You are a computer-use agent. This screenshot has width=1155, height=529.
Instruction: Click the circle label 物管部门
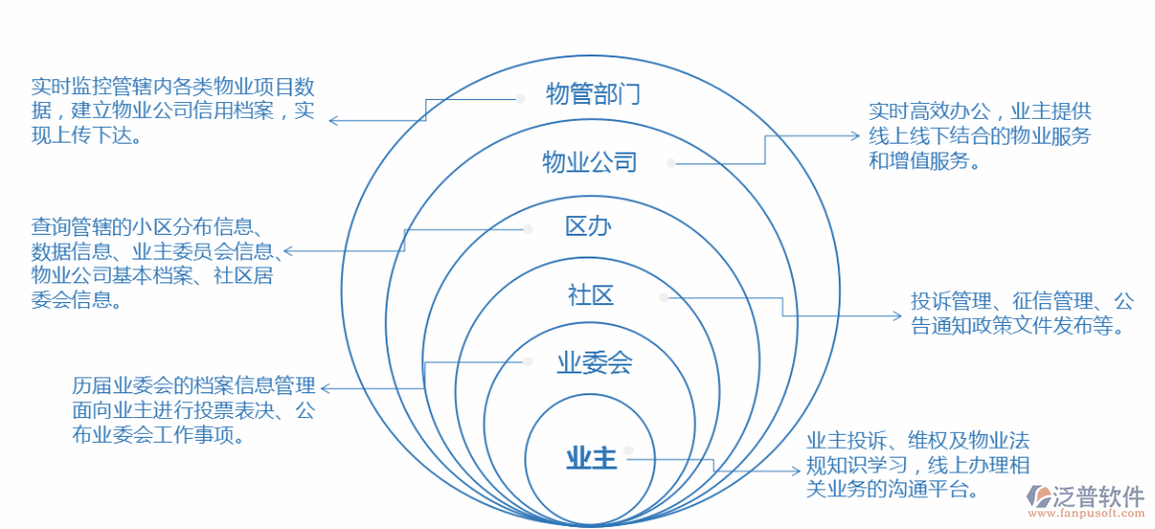click(x=593, y=95)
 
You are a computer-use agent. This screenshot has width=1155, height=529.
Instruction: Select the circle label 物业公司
click(x=589, y=162)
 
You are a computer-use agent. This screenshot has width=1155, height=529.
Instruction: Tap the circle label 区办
click(x=588, y=227)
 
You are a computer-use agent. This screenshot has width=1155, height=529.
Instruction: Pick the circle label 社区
click(x=591, y=294)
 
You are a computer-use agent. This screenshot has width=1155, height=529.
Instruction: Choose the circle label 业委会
click(x=594, y=364)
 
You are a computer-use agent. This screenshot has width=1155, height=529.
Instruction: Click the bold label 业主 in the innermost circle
click(x=592, y=459)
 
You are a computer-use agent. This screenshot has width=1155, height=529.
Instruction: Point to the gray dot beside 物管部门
click(x=519, y=98)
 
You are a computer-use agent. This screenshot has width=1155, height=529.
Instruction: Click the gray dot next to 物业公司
click(x=671, y=162)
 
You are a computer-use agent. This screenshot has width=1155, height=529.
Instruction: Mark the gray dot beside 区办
click(x=528, y=229)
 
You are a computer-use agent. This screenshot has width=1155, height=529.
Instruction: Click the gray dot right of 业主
click(x=628, y=459)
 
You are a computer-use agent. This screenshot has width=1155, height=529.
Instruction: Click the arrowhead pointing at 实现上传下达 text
click(x=332, y=121)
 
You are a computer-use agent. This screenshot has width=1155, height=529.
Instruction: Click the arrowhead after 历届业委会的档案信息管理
click(x=323, y=388)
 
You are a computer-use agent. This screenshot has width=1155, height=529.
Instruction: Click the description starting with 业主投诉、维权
click(x=917, y=465)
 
